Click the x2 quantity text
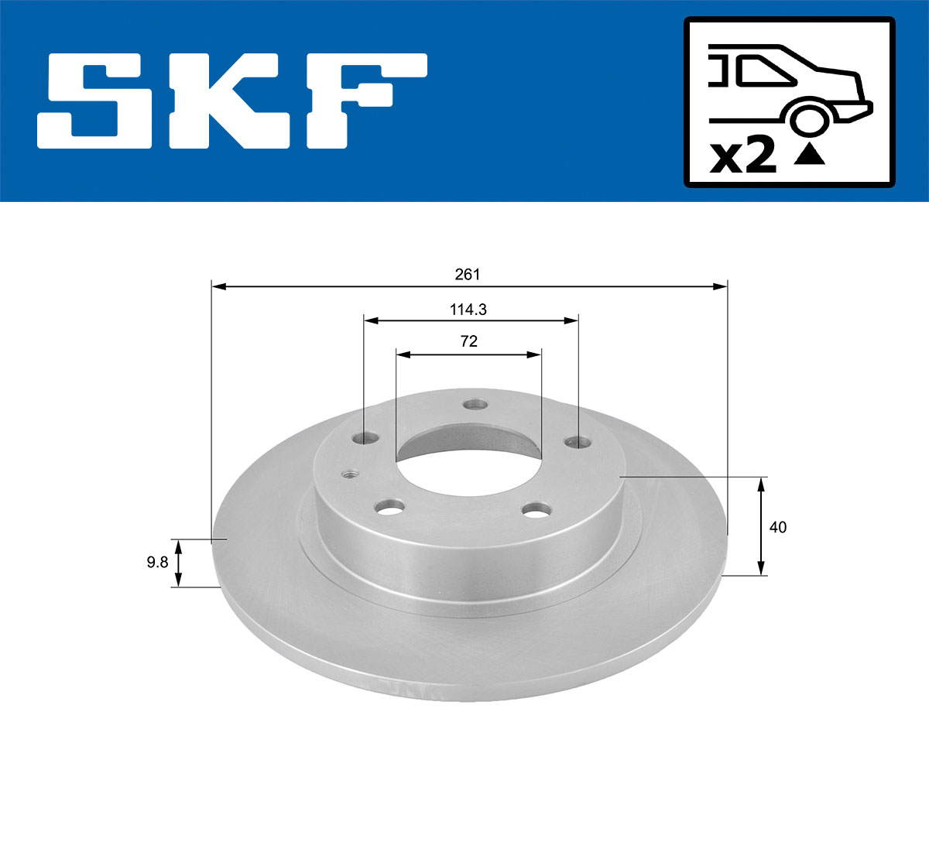(x=743, y=156)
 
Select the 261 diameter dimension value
(x=468, y=275)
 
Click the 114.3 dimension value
(x=468, y=310)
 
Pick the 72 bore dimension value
(x=468, y=341)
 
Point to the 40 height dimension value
(x=778, y=527)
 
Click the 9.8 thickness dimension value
(x=158, y=563)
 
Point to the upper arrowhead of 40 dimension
(x=762, y=484)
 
